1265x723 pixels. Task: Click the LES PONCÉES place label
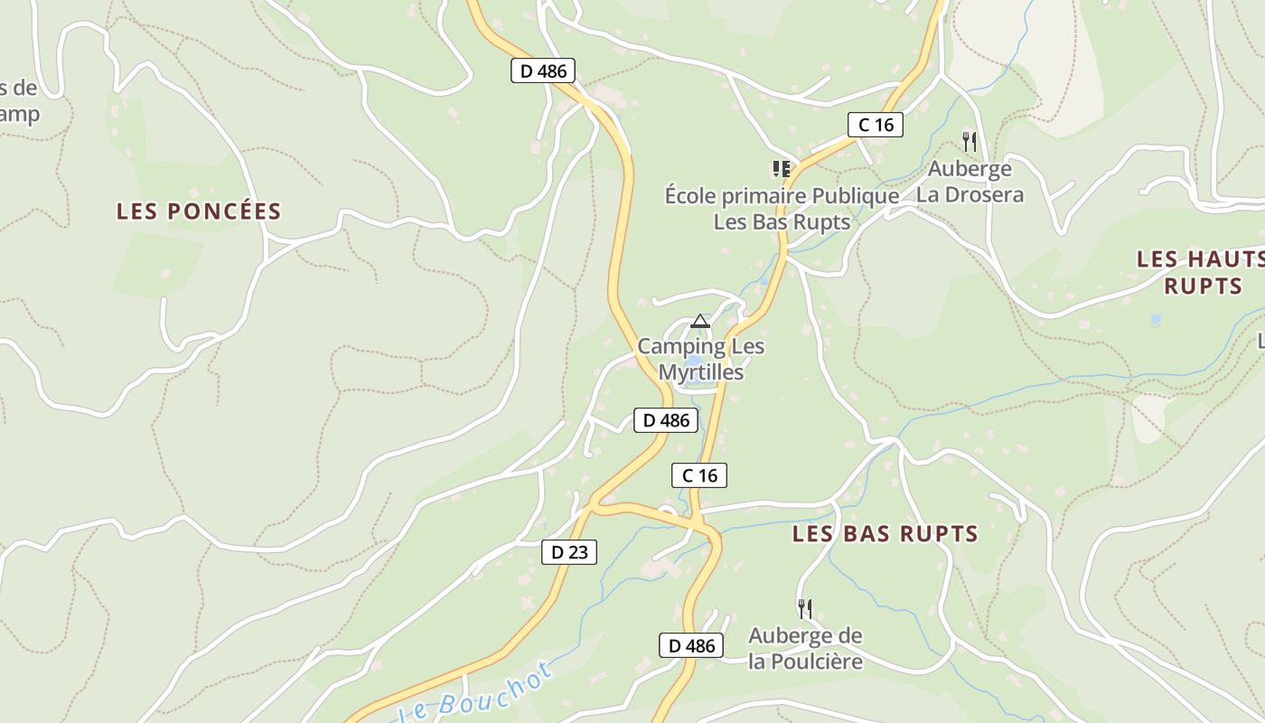pos(199,211)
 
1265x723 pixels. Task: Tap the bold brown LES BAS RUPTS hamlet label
pos(885,534)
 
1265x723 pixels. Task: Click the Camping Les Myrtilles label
pos(701,359)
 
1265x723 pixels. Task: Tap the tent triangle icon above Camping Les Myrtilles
pos(699,321)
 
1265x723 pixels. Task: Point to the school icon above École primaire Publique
pos(782,168)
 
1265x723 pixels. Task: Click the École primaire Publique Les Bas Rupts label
pos(782,209)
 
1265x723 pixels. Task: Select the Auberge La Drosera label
pos(970,182)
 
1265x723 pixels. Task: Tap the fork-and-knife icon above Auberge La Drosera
pos(970,141)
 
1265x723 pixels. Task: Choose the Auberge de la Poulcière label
pos(805,648)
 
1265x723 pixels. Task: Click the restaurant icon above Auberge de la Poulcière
pos(805,608)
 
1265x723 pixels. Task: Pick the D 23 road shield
pos(569,552)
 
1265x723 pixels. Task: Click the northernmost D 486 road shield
pos(543,70)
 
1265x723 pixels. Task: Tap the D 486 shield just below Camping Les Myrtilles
pos(667,420)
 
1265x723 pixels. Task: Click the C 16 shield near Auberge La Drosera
pos(876,125)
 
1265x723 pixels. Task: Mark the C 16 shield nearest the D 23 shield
pos(699,475)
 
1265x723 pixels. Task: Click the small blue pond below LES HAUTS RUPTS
pos(1156,320)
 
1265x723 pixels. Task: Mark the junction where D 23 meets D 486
pos(592,506)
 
